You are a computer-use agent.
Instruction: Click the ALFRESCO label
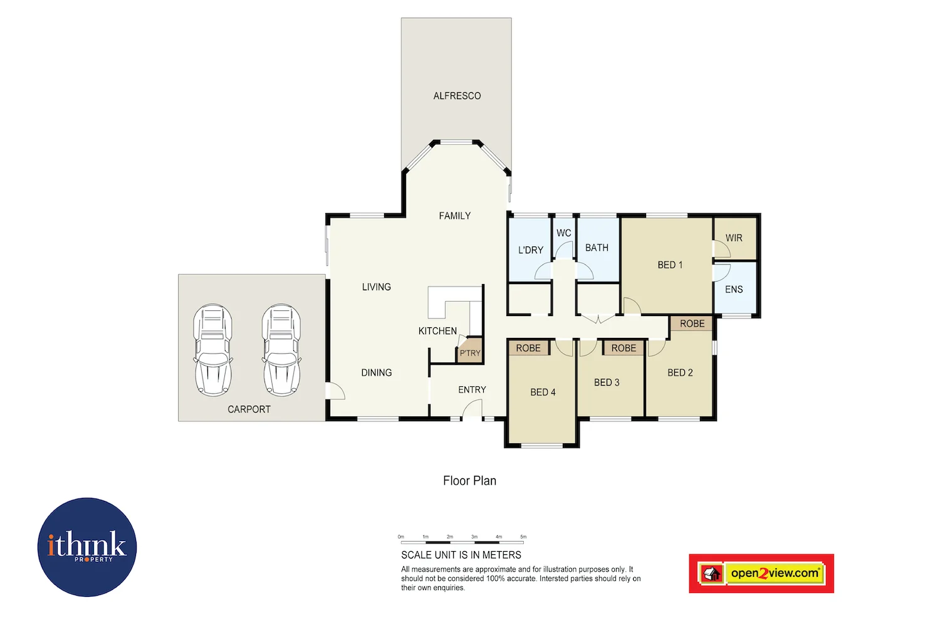click(x=457, y=96)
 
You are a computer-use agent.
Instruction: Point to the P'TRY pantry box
click(x=469, y=351)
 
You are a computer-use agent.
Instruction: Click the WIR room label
click(x=734, y=238)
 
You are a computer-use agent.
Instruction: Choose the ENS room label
click(x=734, y=290)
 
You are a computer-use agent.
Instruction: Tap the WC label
click(x=563, y=233)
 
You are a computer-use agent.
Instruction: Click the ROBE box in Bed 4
click(x=528, y=348)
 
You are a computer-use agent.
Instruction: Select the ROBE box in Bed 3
click(x=624, y=348)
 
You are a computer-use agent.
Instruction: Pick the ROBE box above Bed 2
click(x=692, y=324)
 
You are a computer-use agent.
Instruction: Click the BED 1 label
click(x=670, y=265)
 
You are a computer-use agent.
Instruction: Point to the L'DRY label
click(x=530, y=250)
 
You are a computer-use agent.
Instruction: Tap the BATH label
click(x=597, y=248)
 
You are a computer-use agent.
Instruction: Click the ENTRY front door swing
click(x=471, y=411)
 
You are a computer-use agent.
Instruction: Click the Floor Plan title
click(x=469, y=481)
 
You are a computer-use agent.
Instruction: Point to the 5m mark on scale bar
click(x=523, y=537)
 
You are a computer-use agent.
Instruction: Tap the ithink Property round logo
click(x=87, y=547)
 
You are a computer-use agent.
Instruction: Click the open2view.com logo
click(x=761, y=573)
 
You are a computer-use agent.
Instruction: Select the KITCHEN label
click(x=437, y=331)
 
